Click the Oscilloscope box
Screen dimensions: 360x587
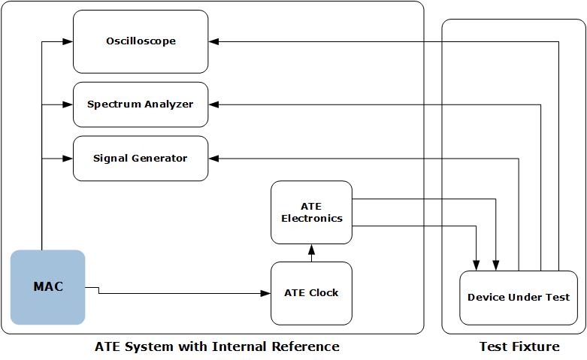[x=141, y=41]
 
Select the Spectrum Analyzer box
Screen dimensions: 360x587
[x=141, y=104]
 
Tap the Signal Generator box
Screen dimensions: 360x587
[x=141, y=159]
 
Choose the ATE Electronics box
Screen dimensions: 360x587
[x=311, y=213]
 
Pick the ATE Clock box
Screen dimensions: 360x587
[x=311, y=293]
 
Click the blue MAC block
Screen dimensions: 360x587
[x=48, y=287]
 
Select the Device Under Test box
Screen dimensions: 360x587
[x=519, y=298]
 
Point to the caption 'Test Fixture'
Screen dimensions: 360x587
[x=519, y=346]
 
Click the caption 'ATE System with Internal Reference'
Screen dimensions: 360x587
[x=216, y=346]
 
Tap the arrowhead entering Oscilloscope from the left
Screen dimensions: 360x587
[x=68, y=41]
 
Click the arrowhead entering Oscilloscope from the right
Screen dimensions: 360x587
[x=213, y=41]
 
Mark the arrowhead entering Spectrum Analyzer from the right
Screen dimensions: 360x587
[x=213, y=104]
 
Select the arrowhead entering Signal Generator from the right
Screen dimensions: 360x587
[x=213, y=159]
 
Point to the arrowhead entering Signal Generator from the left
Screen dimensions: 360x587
[x=68, y=159]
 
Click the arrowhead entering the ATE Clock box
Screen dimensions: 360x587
[x=266, y=293]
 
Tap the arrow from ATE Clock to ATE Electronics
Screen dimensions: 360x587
[x=311, y=253]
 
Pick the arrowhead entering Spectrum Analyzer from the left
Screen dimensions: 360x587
[x=68, y=104]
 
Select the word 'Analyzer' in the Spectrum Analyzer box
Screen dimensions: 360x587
[x=168, y=104]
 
